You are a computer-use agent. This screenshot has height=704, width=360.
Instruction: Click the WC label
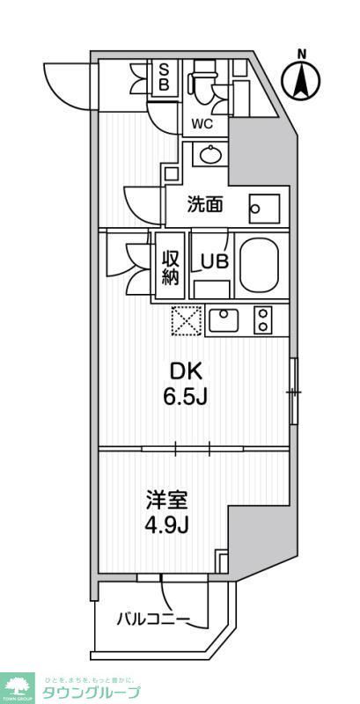tap(202, 124)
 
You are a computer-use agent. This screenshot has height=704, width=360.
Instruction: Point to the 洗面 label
tap(205, 205)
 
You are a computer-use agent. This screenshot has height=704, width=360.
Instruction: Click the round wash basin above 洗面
tap(211, 156)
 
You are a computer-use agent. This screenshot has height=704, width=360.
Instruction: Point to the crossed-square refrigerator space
tap(187, 319)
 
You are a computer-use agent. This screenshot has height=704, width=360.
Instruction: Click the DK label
tap(185, 371)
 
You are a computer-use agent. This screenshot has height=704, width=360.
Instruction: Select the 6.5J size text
tap(186, 397)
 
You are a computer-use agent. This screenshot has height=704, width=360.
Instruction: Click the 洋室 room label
tap(167, 502)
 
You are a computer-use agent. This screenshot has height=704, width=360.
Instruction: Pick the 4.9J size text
tap(168, 527)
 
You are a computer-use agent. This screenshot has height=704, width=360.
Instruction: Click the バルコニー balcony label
tap(153, 620)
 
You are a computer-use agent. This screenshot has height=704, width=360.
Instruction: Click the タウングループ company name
tap(92, 693)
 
